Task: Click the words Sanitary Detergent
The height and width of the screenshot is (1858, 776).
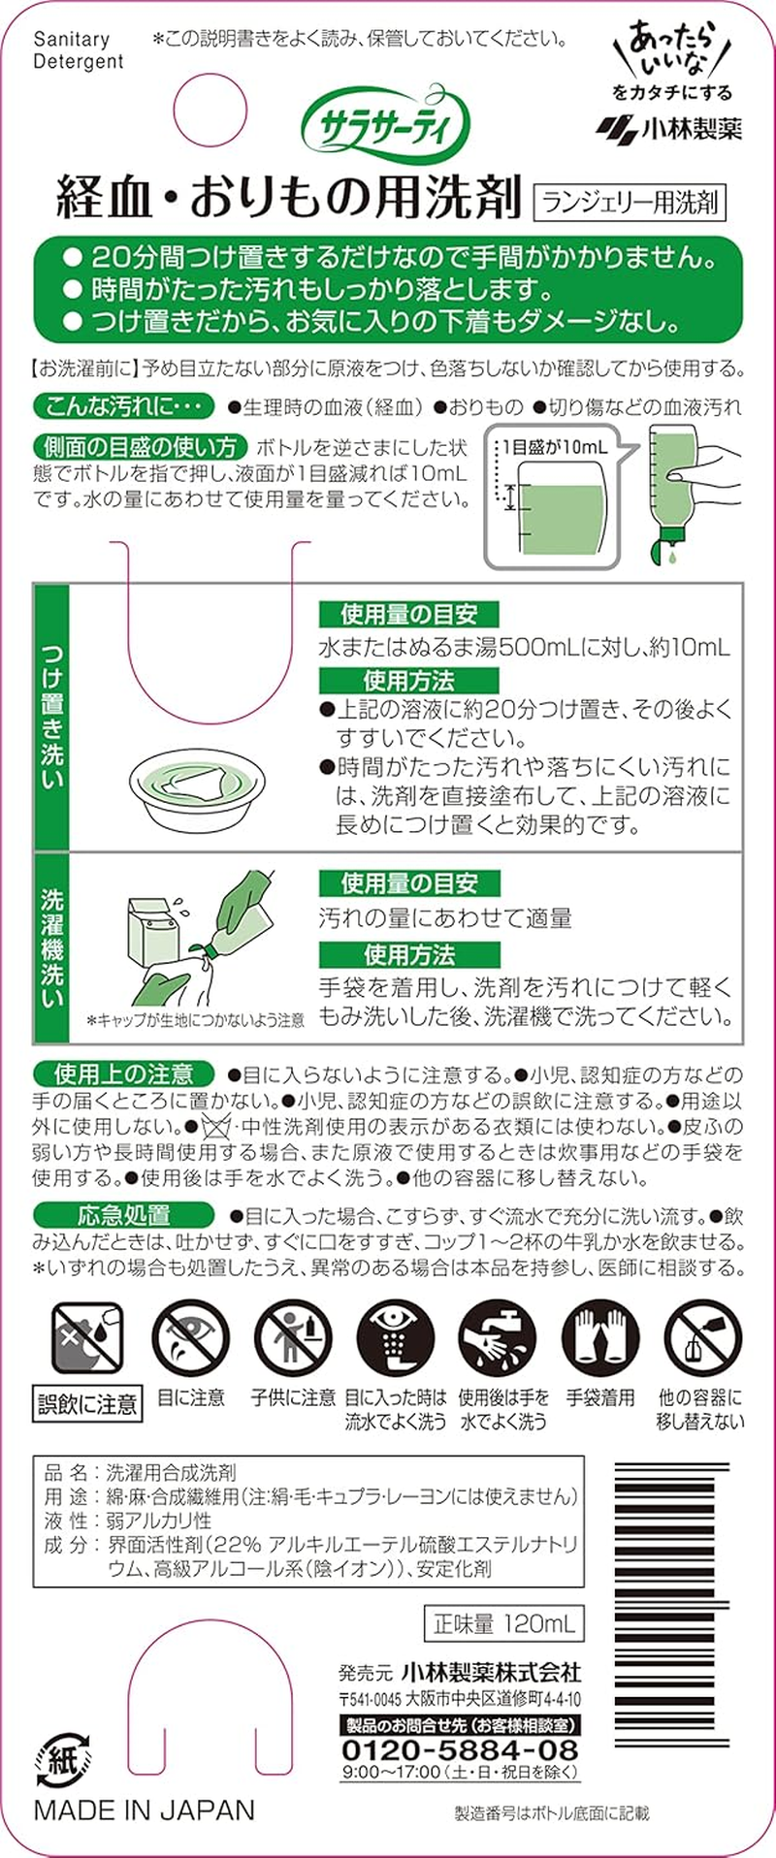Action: click(x=79, y=50)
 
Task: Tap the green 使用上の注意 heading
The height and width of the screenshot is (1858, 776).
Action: click(x=123, y=1074)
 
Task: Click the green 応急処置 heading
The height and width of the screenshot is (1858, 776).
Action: click(x=123, y=1215)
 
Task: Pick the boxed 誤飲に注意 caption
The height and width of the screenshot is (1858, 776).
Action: click(x=87, y=1404)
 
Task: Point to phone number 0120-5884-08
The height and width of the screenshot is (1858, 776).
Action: click(x=460, y=1749)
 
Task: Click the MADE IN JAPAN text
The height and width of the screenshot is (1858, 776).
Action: click(x=145, y=1810)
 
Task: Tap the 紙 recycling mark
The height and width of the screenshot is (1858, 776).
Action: click(x=63, y=1756)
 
